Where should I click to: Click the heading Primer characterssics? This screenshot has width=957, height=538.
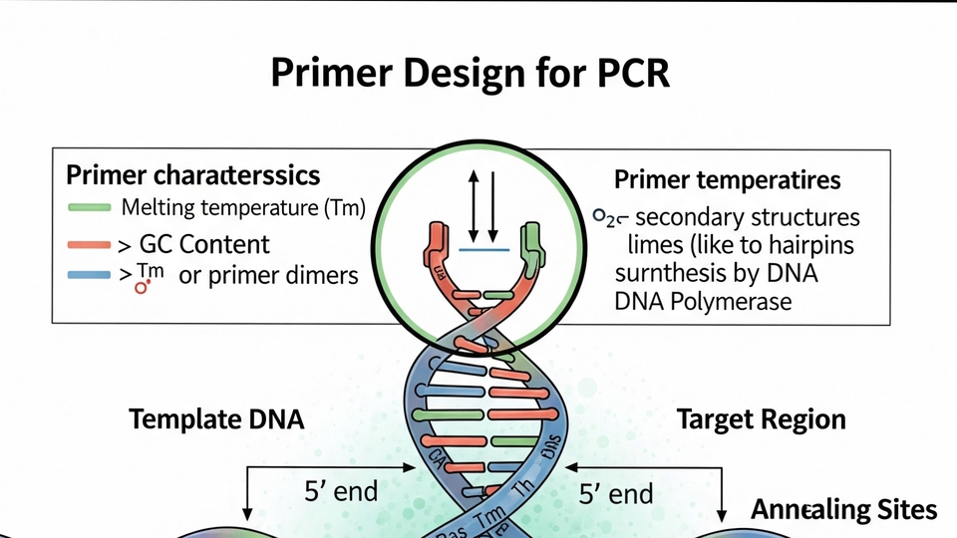[x=192, y=175]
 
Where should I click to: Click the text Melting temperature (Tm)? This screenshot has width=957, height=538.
[x=243, y=209]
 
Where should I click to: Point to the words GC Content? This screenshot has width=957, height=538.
[x=204, y=244]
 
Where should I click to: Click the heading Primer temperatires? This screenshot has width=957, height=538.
[x=727, y=180]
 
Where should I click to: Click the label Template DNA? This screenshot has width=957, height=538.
[x=216, y=419]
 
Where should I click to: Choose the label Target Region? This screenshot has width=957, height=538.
[x=761, y=419]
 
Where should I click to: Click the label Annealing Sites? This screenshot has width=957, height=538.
[x=843, y=510]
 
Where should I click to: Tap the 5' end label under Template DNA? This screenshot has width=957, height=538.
[x=341, y=491]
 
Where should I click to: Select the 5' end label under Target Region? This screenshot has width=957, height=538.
[x=616, y=492]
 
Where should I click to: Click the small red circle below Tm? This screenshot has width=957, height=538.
[x=141, y=288]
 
